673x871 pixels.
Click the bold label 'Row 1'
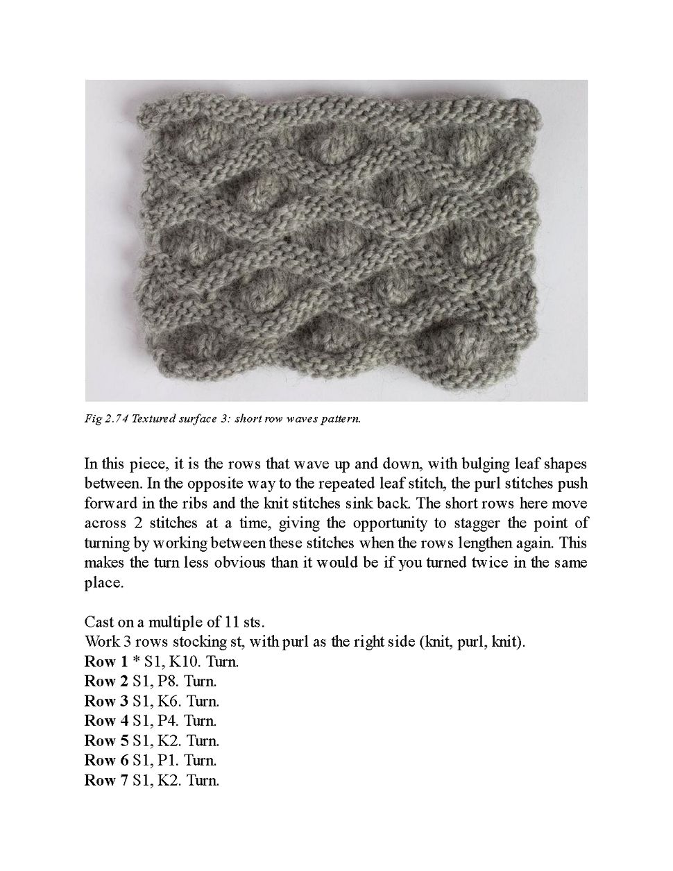click(102, 661)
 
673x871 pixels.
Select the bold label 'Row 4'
click(102, 721)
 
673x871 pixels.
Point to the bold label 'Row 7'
click(102, 781)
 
